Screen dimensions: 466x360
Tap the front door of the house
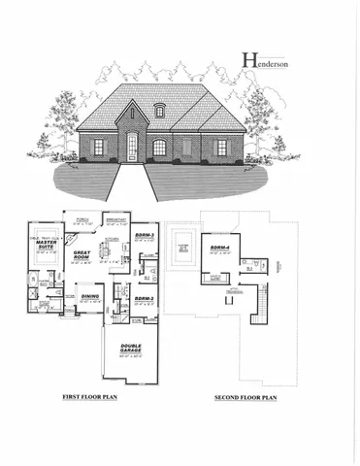coord(132,147)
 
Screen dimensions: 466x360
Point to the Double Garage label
coord(133,349)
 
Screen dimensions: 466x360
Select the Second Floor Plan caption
coord(246,398)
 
